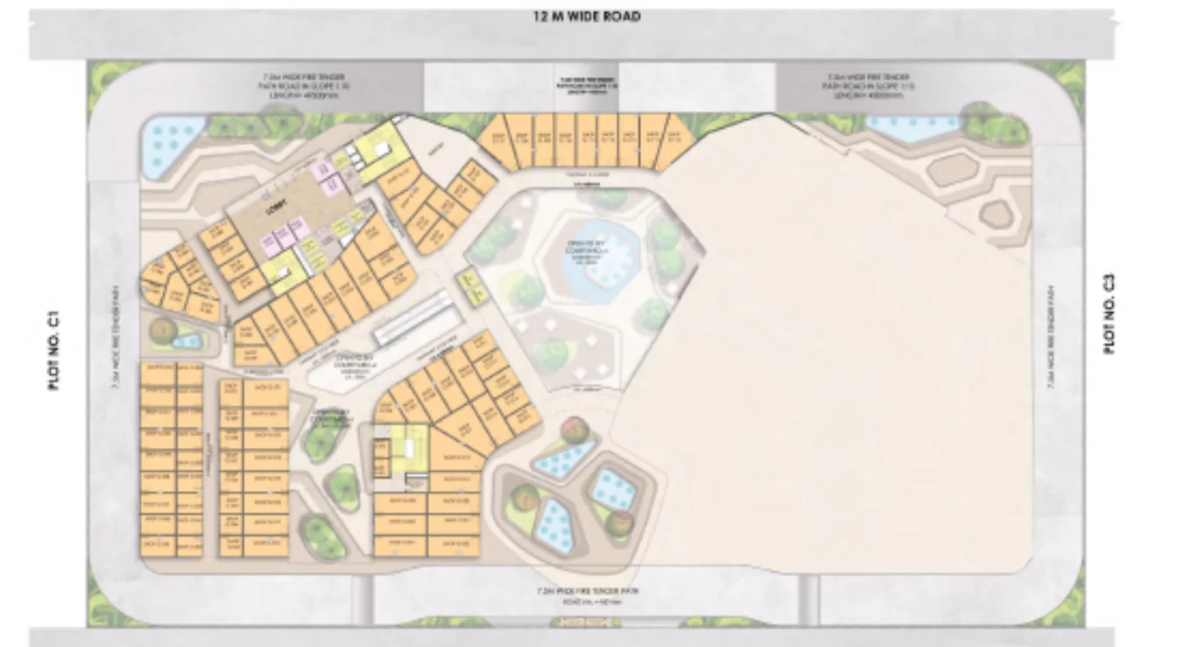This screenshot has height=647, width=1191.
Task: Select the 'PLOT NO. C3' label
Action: (1110, 314)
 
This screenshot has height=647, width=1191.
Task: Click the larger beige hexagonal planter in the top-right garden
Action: (952, 169)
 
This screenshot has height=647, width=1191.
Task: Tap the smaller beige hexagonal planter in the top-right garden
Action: (995, 213)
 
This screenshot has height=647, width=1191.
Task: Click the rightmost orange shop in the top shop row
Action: (675, 139)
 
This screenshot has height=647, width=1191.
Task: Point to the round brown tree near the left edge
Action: (162, 331)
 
